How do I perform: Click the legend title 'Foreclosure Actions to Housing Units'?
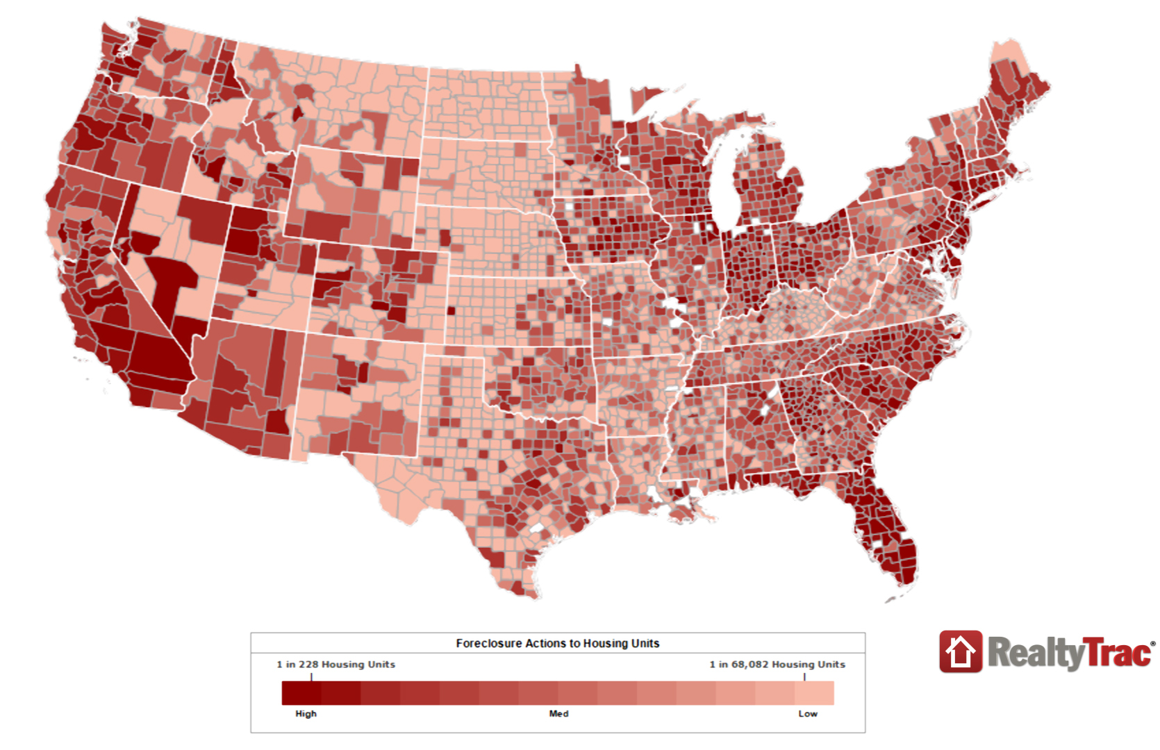tap(557, 644)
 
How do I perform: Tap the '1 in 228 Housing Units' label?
tap(335, 665)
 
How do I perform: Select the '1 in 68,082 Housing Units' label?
tap(777, 665)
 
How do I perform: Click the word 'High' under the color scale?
tap(306, 714)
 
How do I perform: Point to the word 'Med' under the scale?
tap(558, 714)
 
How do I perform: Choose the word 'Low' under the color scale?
tap(807, 714)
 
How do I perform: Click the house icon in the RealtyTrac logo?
tap(961, 652)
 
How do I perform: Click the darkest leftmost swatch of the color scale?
tap(301, 693)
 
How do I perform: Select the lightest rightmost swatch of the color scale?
tap(814, 693)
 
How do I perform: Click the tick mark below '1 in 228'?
tap(311, 676)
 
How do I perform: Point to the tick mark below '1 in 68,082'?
tap(804, 676)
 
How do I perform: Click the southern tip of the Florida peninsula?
tap(903, 582)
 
